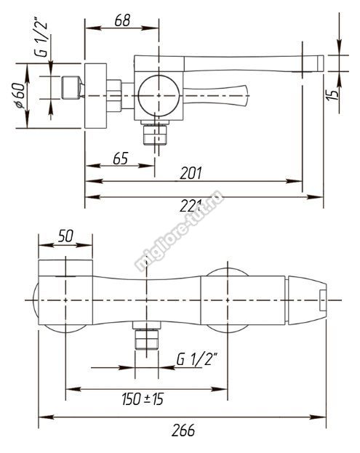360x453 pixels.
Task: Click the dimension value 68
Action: click(122, 20)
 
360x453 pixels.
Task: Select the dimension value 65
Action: click(120, 158)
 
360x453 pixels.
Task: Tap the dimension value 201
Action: click(191, 173)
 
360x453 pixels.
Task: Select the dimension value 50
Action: click(65, 236)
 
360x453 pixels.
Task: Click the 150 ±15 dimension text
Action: click(143, 399)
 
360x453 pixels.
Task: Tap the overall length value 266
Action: click(183, 430)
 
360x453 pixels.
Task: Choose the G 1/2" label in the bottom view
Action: click(197, 360)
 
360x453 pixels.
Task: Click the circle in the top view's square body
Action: click(159, 96)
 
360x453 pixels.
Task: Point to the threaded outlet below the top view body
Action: click(155, 134)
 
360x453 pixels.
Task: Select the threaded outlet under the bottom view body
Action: click(147, 335)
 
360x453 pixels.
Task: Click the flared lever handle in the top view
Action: click(216, 96)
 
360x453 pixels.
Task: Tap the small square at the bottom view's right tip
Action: click(323, 300)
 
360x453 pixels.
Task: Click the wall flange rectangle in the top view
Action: click(95, 96)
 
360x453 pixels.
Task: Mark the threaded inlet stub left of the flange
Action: click(71, 87)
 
